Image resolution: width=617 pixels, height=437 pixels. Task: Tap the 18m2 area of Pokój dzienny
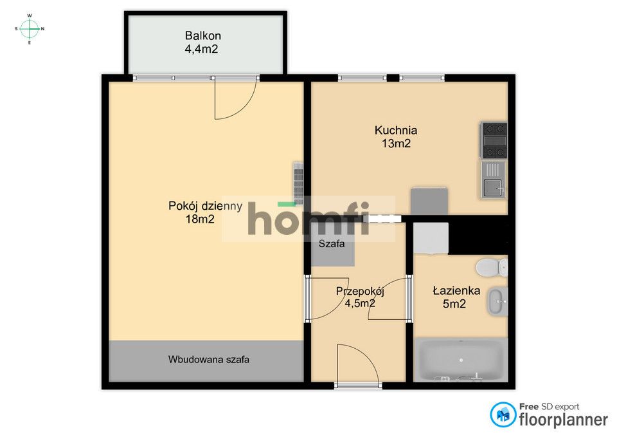click(199, 219)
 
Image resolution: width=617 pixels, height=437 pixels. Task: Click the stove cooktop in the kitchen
click(494, 140)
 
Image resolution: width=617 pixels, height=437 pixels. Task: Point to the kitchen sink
click(494, 180)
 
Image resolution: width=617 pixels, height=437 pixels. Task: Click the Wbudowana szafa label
click(209, 360)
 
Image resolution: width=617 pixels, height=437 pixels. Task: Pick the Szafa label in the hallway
click(332, 244)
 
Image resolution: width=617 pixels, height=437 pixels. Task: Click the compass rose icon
click(30, 28)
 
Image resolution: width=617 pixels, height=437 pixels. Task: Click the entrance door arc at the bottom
click(357, 364)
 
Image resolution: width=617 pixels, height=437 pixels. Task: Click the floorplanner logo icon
click(503, 415)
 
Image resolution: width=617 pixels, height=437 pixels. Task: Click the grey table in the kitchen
click(429, 200)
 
